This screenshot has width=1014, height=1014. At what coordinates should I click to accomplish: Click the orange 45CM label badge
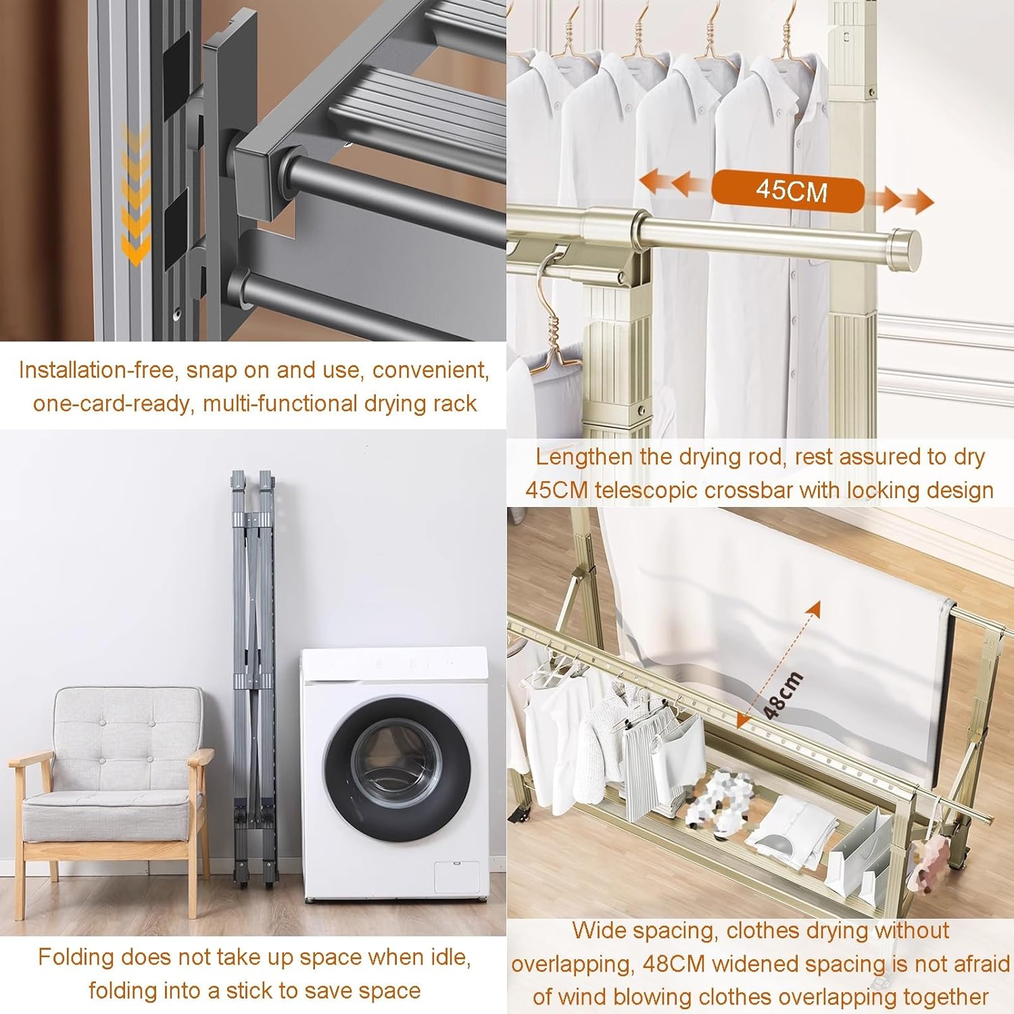coord(788,191)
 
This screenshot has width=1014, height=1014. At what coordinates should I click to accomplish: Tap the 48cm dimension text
coord(783,696)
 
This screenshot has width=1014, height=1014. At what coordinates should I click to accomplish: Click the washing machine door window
coord(396,767)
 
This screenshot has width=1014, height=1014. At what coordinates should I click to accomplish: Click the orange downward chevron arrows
coord(136,196)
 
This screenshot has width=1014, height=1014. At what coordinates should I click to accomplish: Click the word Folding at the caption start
coord(76,957)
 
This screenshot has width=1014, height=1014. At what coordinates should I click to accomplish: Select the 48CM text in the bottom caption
coord(674,964)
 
